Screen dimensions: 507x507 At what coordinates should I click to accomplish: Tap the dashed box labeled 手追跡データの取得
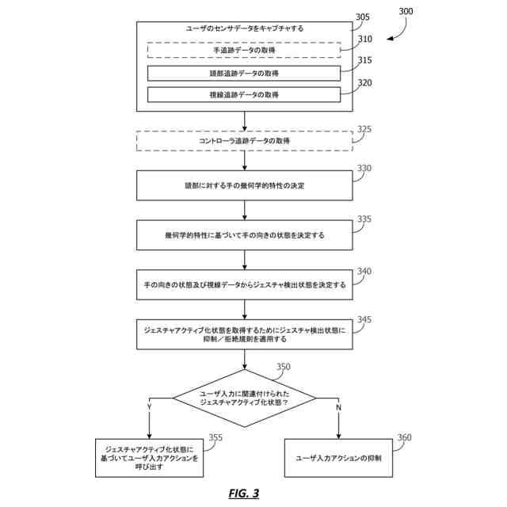tap(244, 50)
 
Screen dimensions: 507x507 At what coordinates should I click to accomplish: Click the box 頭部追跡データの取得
tap(244, 73)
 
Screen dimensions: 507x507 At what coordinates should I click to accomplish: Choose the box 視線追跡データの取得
tap(244, 95)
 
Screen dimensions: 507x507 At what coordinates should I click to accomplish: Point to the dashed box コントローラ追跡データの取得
tap(244, 141)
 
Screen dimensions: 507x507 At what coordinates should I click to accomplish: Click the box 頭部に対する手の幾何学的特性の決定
tap(244, 186)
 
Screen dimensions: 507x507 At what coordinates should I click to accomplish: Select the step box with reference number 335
tap(244, 235)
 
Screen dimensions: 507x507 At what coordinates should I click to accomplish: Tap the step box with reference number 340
tap(244, 284)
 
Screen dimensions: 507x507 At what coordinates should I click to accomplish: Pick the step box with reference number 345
tap(244, 334)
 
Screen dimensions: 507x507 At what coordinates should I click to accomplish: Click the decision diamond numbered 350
tap(244, 398)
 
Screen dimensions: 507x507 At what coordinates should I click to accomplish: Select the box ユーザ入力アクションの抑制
tap(338, 458)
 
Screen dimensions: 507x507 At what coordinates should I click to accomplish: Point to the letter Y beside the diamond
tap(149, 406)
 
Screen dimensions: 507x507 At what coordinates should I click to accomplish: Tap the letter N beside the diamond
tap(339, 406)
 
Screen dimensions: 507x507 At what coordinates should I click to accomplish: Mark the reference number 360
tap(404, 437)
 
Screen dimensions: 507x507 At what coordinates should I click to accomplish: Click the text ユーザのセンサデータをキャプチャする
tap(244, 28)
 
